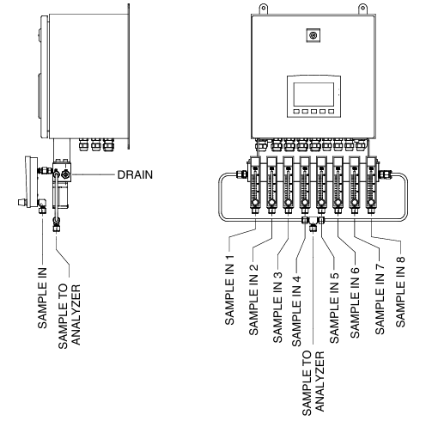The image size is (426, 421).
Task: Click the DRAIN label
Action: click(x=135, y=174)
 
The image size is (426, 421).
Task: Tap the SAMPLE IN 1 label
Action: click(x=230, y=290)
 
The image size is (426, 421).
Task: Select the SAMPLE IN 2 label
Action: click(x=253, y=300)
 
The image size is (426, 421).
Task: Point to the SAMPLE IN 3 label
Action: click(x=277, y=307)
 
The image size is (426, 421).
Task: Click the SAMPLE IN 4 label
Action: click(x=296, y=311)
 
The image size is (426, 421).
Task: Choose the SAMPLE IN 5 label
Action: click(x=334, y=308)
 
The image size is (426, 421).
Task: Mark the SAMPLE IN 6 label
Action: click(x=355, y=302)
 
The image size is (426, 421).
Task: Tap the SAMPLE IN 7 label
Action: click(x=380, y=299)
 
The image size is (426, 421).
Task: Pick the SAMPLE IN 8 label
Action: click(x=400, y=291)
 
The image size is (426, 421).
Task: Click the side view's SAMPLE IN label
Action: click(x=42, y=298)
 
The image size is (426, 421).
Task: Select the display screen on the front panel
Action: click(x=313, y=95)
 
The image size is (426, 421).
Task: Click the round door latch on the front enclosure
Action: click(x=313, y=35)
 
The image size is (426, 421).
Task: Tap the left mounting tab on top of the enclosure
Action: click(x=264, y=9)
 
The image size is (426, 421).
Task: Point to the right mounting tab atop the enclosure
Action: click(x=362, y=9)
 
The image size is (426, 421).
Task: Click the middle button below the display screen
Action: click(x=313, y=112)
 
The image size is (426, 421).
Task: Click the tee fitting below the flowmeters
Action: click(x=313, y=223)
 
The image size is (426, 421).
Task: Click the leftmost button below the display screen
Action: click(x=296, y=112)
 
